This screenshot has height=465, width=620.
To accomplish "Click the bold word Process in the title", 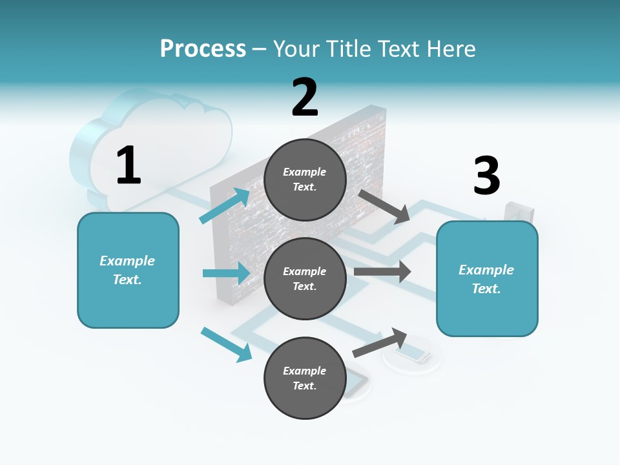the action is [203, 48].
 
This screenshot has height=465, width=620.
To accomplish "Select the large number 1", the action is [129, 165].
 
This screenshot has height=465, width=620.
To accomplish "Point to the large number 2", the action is [304, 98].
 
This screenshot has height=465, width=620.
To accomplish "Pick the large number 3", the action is [486, 175].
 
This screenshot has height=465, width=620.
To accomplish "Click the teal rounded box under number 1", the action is [128, 271].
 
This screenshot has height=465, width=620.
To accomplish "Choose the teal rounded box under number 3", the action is [487, 279].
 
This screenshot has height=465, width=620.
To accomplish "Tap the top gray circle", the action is [305, 180].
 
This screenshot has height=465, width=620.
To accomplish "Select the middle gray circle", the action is [305, 279].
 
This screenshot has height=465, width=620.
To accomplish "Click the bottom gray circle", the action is [305, 378].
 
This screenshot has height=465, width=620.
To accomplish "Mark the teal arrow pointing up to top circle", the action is [225, 205].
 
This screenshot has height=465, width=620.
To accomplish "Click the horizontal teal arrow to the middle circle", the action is [227, 273].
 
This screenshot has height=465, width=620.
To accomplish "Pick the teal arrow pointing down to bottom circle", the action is [227, 345].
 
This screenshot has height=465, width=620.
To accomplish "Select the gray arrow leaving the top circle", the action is [384, 207].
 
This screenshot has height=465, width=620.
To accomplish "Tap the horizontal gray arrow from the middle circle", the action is [382, 271].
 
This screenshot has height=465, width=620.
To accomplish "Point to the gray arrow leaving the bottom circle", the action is [380, 343].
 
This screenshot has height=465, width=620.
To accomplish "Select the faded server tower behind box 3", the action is [519, 212].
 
